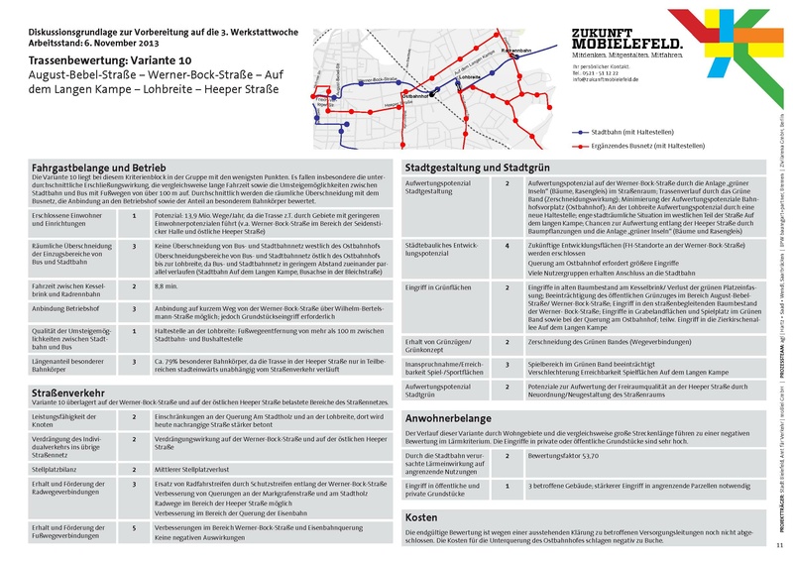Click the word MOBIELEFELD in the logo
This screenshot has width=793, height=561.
point(626,45)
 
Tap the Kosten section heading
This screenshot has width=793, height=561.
point(421,517)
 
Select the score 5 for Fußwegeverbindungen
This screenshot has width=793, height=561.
point(135,527)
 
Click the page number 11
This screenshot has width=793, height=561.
point(779,546)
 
